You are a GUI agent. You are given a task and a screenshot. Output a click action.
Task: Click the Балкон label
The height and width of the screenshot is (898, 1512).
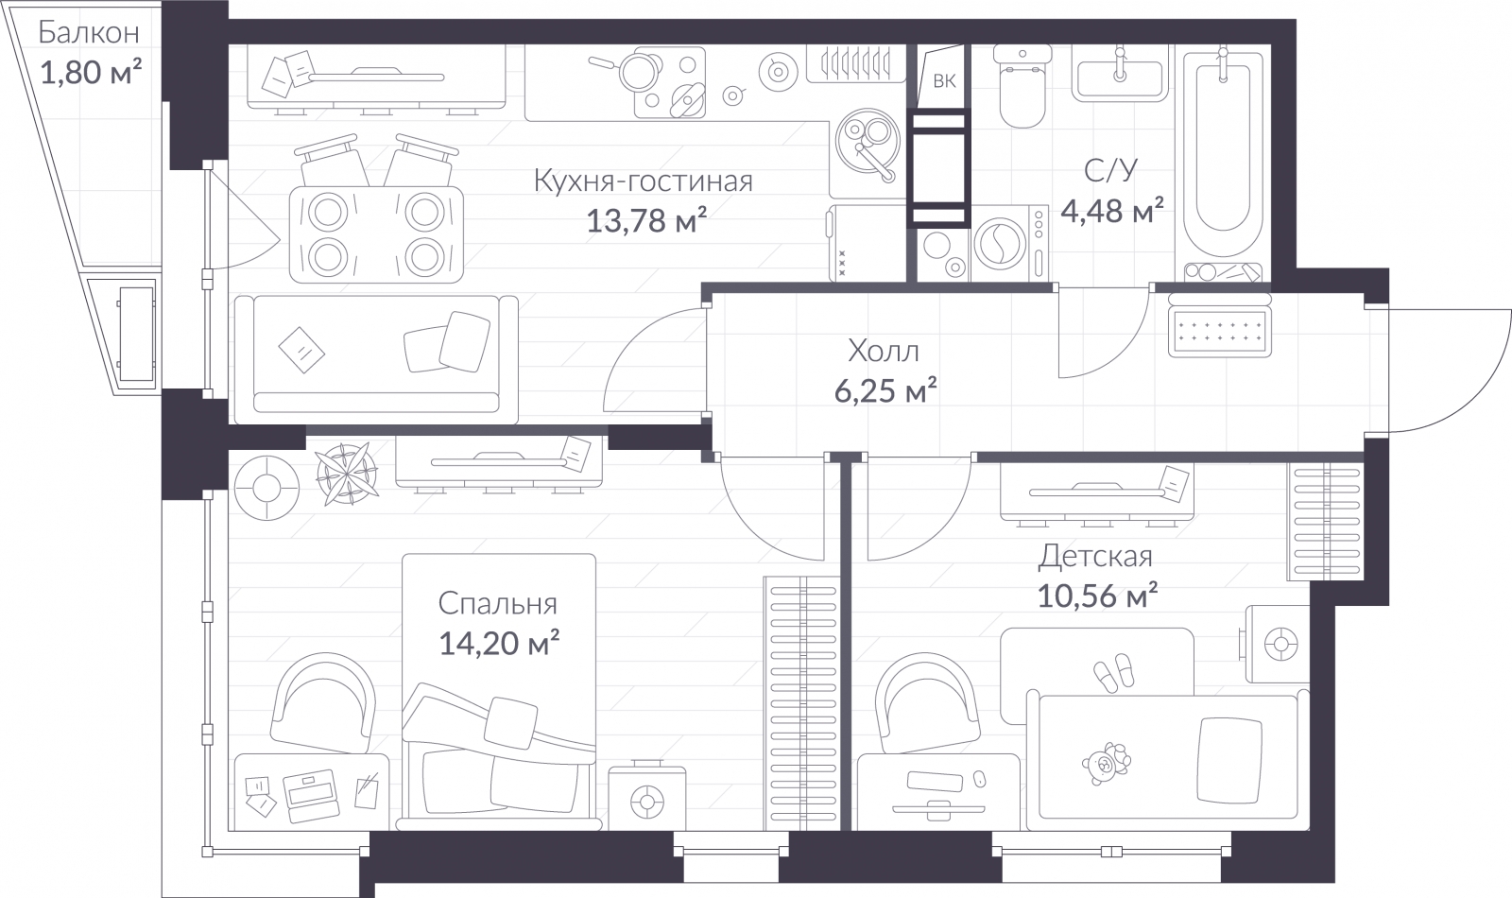[x=89, y=32]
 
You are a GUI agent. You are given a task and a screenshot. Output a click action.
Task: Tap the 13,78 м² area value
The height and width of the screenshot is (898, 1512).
[x=646, y=220]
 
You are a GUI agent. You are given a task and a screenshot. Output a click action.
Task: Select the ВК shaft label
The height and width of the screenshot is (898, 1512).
[x=944, y=81]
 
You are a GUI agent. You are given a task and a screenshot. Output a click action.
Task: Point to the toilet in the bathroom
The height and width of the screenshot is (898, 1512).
[x=1022, y=86]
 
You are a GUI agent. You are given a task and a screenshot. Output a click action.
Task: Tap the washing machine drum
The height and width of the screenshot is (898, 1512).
[x=1001, y=244]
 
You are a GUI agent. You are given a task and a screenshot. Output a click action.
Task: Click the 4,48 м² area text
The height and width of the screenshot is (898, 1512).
[x=1112, y=211]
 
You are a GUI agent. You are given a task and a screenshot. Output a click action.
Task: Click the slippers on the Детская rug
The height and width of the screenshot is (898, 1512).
[x=1114, y=672]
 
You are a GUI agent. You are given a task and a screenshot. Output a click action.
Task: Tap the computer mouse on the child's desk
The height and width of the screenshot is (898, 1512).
[x=979, y=779]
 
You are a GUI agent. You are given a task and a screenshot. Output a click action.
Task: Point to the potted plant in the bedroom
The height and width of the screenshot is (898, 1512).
[x=346, y=474]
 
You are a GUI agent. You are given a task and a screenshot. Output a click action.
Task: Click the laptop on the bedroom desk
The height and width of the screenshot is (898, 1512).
[x=311, y=797]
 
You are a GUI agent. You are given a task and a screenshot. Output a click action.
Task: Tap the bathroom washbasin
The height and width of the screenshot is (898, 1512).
[x=1120, y=74]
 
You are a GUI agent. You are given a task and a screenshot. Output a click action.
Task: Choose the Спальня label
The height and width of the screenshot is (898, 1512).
[x=497, y=604]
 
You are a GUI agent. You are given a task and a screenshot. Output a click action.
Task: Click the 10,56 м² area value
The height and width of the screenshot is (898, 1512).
[x=1097, y=596]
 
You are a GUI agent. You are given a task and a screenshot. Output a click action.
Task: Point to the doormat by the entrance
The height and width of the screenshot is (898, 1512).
[x=1220, y=332]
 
